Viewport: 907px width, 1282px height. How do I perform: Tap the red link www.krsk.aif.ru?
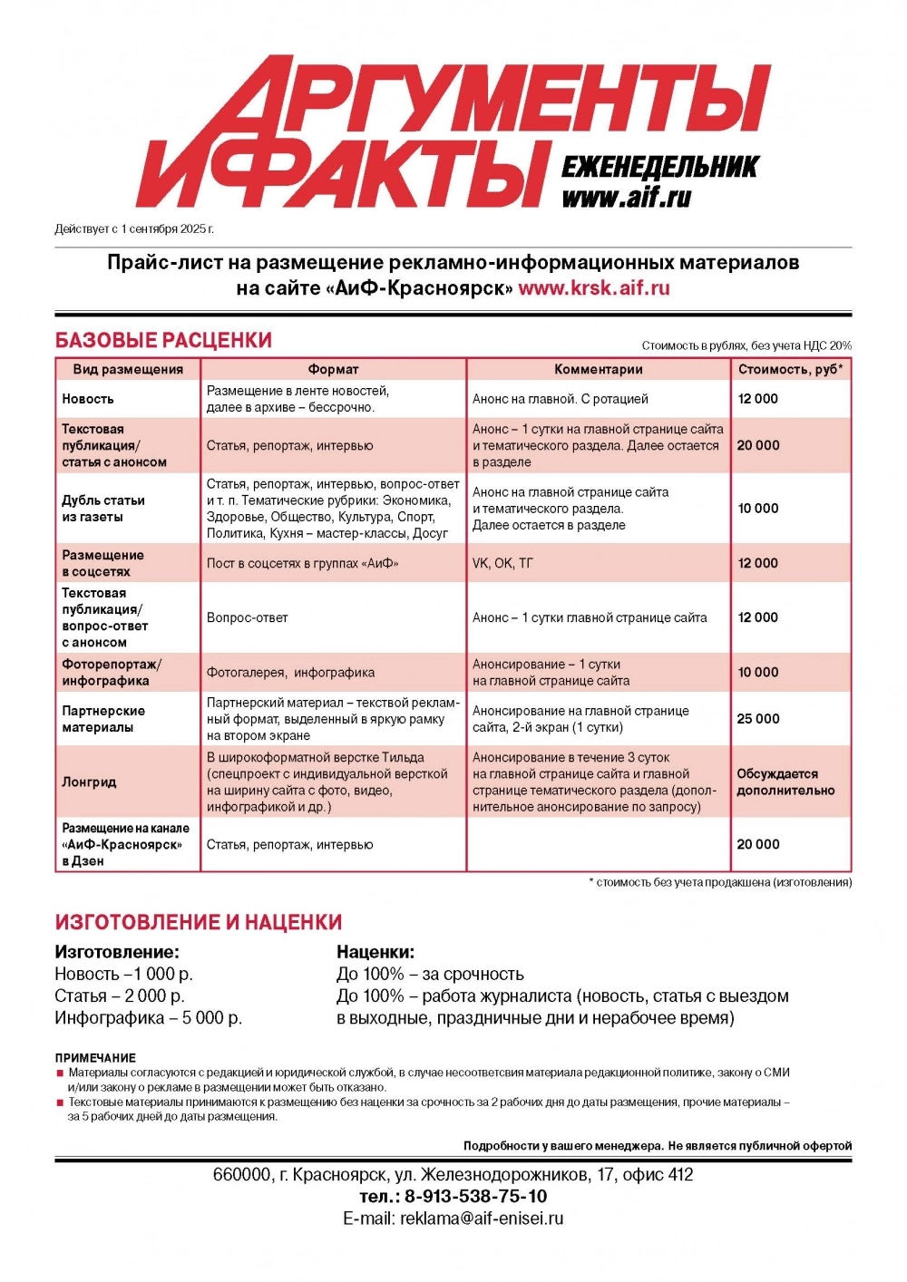tap(594, 288)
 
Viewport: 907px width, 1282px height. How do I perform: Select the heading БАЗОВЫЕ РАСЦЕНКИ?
tap(163, 340)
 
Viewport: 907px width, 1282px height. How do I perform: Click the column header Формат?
tap(333, 369)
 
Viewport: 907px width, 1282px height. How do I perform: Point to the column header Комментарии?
tap(598, 369)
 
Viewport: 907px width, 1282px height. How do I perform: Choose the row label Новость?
tap(88, 399)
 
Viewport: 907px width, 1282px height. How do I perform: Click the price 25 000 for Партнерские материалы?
tap(758, 719)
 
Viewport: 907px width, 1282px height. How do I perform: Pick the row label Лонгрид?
tap(89, 782)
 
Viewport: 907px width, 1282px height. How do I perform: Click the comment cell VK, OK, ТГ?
tap(502, 563)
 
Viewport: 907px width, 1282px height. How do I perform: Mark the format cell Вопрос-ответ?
tap(247, 617)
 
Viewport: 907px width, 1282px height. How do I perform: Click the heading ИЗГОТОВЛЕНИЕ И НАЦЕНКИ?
tap(199, 922)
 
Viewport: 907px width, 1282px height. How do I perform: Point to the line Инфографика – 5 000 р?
tap(149, 1017)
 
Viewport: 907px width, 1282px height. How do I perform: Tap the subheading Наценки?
tap(375, 952)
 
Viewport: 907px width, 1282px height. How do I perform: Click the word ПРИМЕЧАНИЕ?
tap(95, 1057)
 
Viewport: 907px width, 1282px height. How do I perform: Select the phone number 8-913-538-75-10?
tap(475, 1196)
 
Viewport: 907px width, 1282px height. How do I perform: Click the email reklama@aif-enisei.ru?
tap(482, 1219)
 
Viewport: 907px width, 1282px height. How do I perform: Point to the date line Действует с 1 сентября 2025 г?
tap(134, 228)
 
